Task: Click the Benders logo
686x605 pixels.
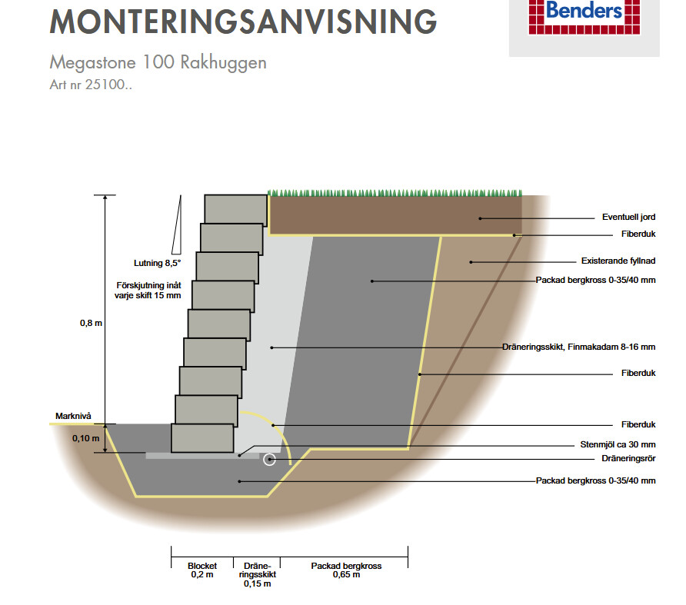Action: (584, 17)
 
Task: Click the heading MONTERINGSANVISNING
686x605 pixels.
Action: (243, 22)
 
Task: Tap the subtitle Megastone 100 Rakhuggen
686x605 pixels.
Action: (158, 62)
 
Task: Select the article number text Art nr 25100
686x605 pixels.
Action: (91, 85)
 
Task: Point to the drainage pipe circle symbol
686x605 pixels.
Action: (269, 460)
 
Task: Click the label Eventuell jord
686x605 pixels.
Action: (628, 217)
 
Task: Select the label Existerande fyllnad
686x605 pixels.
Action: (618, 261)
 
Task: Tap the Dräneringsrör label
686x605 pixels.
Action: (628, 458)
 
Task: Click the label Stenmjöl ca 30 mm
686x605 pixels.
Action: (618, 444)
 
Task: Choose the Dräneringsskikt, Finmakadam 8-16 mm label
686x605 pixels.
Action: (579, 347)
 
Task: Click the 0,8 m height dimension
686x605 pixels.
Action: (91, 324)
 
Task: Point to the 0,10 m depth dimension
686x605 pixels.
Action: (86, 438)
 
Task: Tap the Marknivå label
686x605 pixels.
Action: (73, 416)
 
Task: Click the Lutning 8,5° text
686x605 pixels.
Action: (158, 263)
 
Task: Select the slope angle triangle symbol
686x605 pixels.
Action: (177, 224)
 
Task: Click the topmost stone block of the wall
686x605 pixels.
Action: (236, 210)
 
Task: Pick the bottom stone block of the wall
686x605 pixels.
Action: (202, 438)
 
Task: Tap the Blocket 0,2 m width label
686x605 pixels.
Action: (202, 570)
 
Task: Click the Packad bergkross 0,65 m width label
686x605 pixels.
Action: (346, 570)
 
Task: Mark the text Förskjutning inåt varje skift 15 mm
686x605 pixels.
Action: (148, 291)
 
